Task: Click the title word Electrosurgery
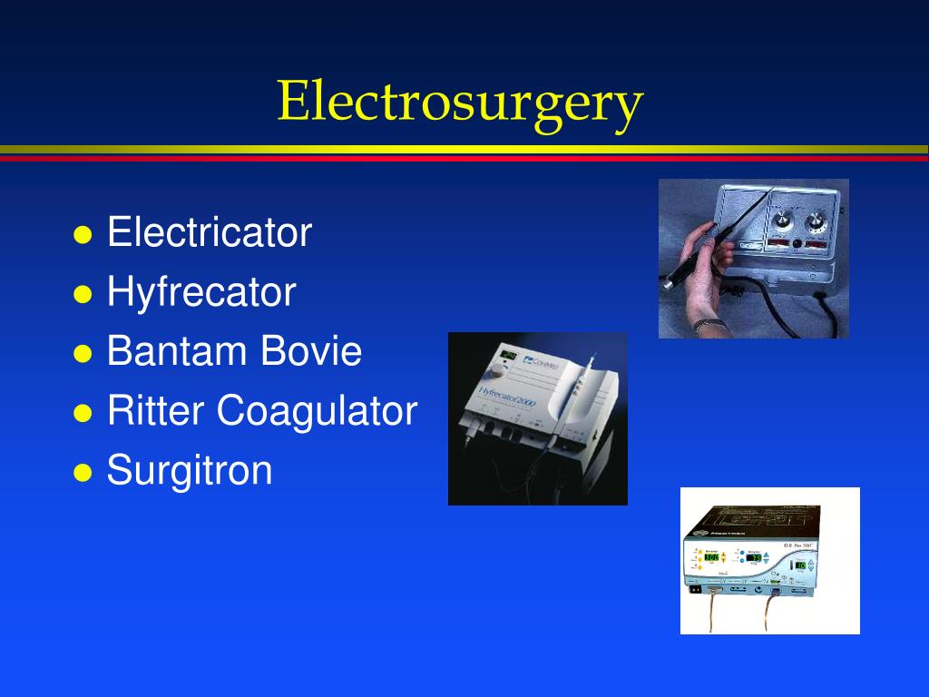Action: point(460,102)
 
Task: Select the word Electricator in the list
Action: point(209,232)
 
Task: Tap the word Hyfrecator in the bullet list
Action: point(201,292)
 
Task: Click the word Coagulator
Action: point(317,411)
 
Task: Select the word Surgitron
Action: point(190,470)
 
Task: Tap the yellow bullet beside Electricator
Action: point(83,235)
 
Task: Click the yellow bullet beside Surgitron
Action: point(83,473)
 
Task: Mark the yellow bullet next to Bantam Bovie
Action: point(83,354)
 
